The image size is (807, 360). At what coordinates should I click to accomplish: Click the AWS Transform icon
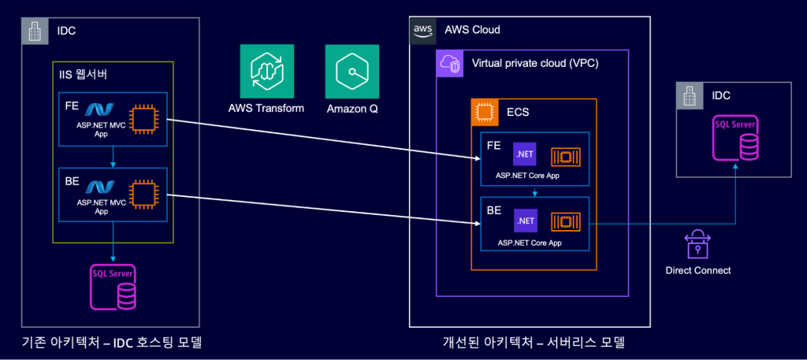[x=266, y=71]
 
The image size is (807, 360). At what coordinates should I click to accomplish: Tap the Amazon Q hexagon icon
[x=352, y=71]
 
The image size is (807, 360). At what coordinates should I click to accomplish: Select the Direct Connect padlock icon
[x=697, y=246]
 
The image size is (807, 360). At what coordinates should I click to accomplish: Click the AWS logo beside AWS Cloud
[x=423, y=29]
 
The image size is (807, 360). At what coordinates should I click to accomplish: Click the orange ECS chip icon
[x=485, y=112]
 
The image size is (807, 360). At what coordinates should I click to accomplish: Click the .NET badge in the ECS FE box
[x=524, y=154]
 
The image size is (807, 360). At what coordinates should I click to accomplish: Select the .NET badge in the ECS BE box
[x=524, y=221]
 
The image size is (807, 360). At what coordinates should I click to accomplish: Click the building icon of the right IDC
[x=689, y=95]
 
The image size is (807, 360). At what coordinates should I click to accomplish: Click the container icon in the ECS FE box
[x=565, y=155]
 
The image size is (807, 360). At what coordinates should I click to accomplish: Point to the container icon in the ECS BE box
[x=565, y=221]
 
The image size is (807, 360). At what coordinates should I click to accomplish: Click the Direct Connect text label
[x=698, y=270]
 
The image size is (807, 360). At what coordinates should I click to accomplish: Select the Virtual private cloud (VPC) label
[x=535, y=64]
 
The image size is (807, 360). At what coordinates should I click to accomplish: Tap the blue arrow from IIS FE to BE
[x=113, y=156]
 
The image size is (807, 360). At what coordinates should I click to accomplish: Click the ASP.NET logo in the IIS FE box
[x=99, y=109]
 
